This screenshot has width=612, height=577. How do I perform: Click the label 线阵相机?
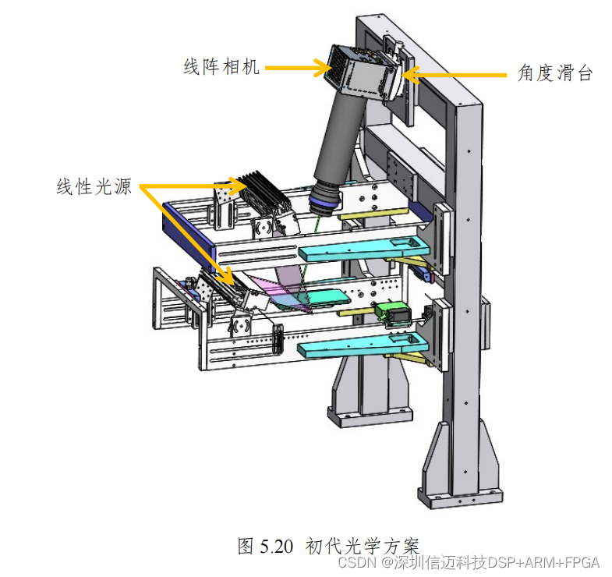point(221,68)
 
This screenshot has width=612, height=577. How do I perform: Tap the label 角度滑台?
point(556,74)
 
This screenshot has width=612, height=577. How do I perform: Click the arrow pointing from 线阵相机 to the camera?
point(299,68)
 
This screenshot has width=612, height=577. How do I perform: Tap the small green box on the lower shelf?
point(389,313)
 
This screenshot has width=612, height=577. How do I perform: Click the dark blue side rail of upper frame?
point(187,228)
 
